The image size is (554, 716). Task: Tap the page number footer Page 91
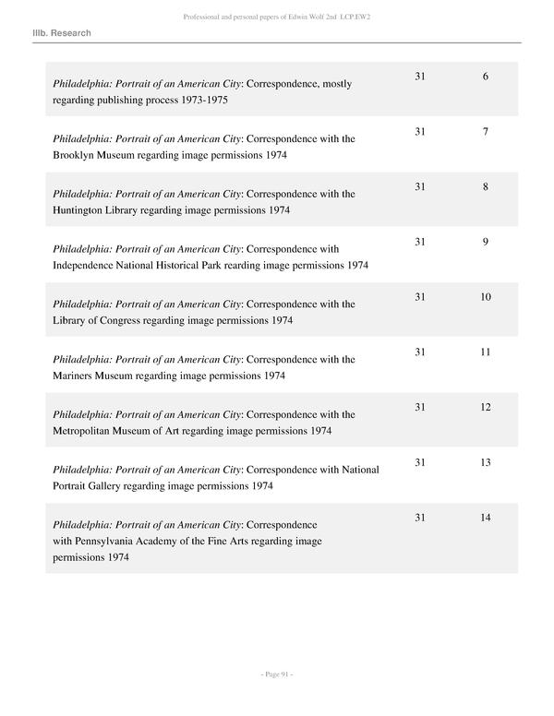pos(276,674)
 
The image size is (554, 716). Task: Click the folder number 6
pos(486,77)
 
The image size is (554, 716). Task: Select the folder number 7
pos(486,132)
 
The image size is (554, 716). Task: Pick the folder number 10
pos(486,297)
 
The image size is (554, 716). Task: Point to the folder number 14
pos(486,518)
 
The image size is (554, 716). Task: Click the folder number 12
pos(486,408)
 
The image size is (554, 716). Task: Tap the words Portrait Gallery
pos(92,485)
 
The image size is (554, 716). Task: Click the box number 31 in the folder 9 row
pos(421,243)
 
